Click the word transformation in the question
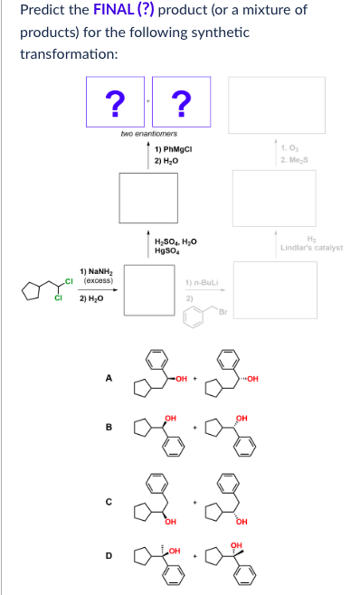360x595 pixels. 63,52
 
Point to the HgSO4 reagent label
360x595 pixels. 169,250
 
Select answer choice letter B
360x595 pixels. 109,428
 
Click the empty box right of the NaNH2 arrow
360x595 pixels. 147,288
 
